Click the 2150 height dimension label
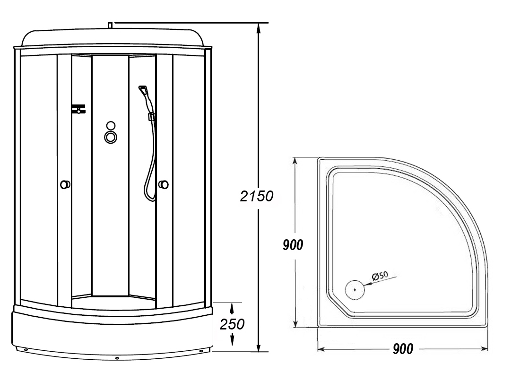[257, 196]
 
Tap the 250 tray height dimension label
[233, 324]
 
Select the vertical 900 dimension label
[293, 245]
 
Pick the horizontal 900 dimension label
[403, 349]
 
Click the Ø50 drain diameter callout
[380, 276]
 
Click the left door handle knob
[65, 184]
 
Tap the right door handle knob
[164, 184]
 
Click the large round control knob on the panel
[111, 138]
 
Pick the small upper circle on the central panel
[111, 125]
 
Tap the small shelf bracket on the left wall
[78, 109]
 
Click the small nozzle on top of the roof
[110, 25]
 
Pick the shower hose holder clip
[152, 117]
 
